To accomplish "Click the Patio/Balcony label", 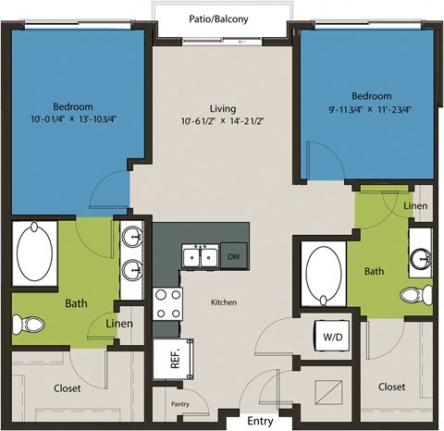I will point(222,16).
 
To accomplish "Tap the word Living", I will point(221,106).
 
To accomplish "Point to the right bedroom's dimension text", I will point(370,109).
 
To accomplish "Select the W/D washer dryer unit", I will point(329,337).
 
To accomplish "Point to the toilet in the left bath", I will point(34,325).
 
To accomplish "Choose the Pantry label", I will point(180,404).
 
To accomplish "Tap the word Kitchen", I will point(223,302).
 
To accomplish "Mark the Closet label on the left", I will point(67,388).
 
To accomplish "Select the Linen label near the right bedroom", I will point(415,205).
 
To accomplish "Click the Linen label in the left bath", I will point(118,324).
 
